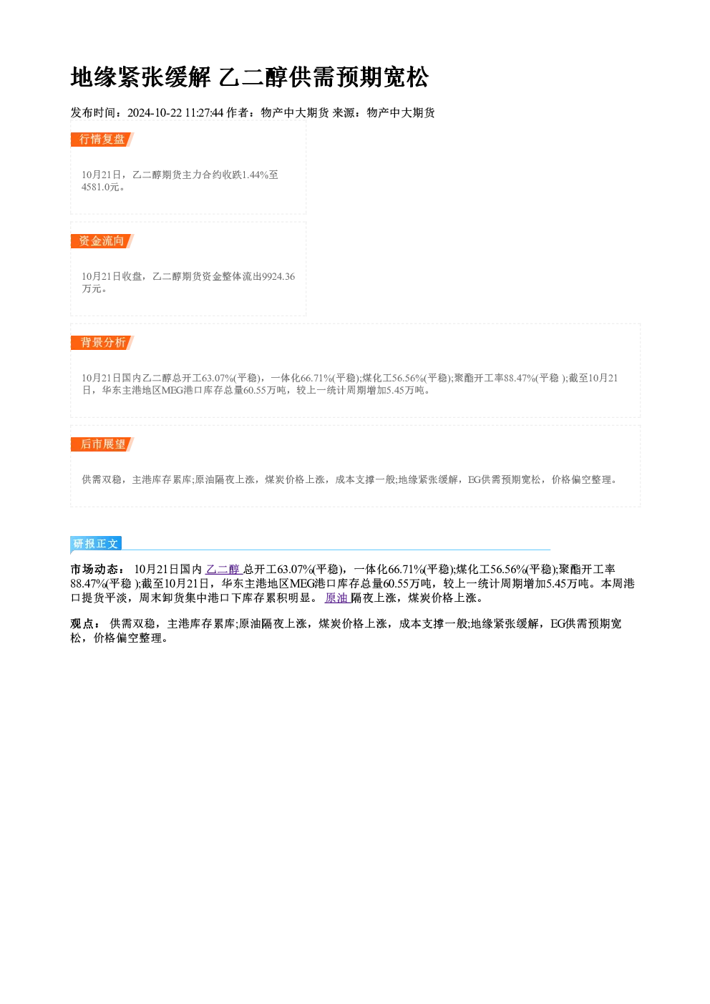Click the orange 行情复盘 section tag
click(x=102, y=140)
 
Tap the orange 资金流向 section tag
click(x=102, y=241)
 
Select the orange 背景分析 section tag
click(x=102, y=343)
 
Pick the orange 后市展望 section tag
click(x=102, y=444)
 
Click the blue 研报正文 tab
click(x=96, y=544)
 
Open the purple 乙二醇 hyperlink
click(x=224, y=569)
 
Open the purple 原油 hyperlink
click(x=337, y=598)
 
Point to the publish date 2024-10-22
click(x=155, y=113)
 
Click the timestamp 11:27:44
click(x=204, y=113)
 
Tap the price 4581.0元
click(x=100, y=187)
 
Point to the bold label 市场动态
click(x=94, y=570)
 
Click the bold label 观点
click(x=82, y=624)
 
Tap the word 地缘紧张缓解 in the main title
click(x=141, y=77)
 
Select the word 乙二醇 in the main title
click(x=253, y=77)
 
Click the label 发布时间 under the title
click(x=94, y=113)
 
